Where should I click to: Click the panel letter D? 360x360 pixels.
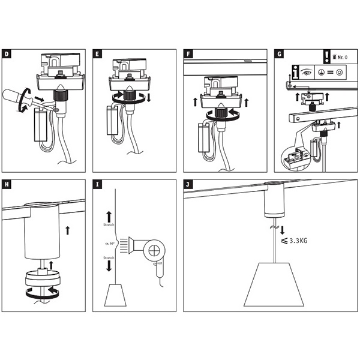click(x=7, y=54)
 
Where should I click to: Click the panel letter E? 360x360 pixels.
click(x=97, y=54)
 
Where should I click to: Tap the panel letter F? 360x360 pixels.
click(x=188, y=54)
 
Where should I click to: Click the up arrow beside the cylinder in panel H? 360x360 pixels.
click(x=68, y=229)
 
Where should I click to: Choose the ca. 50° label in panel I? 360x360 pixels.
click(x=110, y=245)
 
